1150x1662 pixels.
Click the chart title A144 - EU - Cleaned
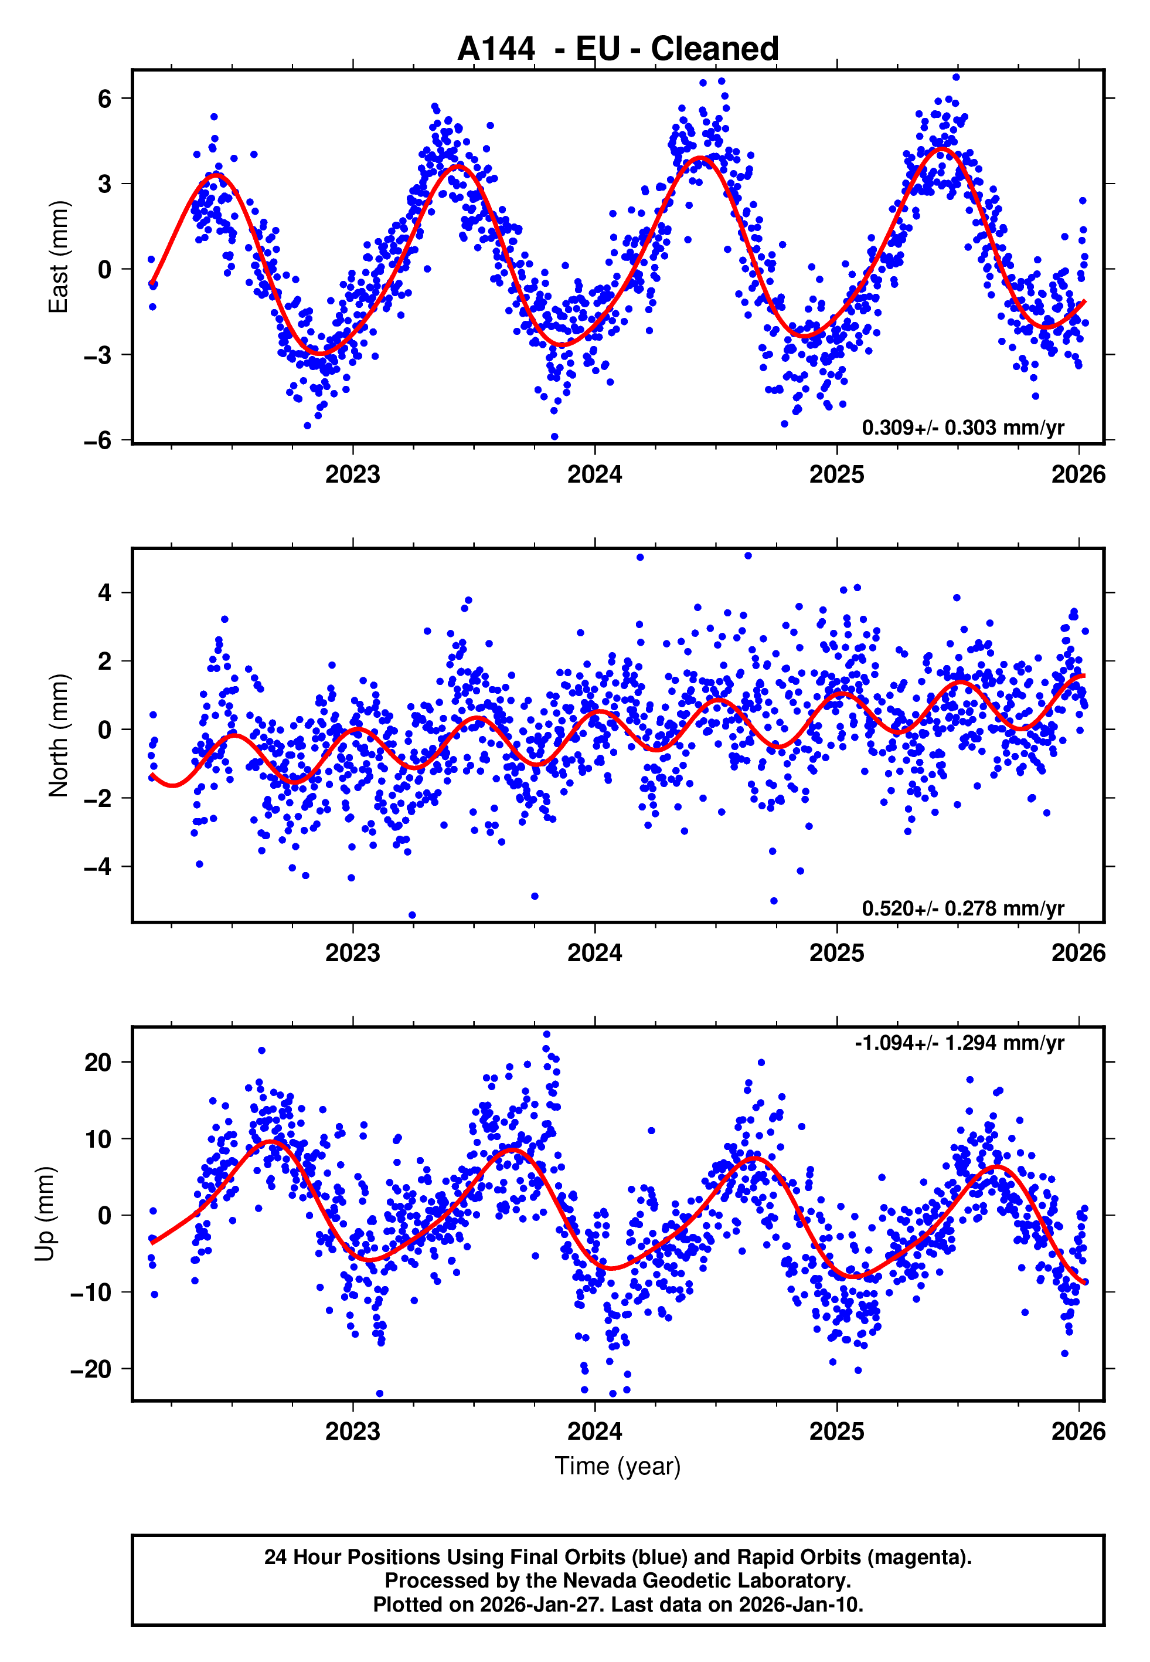click(x=618, y=49)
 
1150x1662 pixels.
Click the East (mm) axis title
click(x=57, y=257)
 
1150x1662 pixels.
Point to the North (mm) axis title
click(x=57, y=735)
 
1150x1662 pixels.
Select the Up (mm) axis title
click(x=45, y=1214)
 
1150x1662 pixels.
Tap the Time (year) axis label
click(x=618, y=1467)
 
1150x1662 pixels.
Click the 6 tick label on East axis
click(x=104, y=99)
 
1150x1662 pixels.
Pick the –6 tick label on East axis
click(x=97, y=440)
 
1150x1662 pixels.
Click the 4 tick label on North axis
click(x=104, y=593)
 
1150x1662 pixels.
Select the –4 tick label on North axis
click(x=97, y=866)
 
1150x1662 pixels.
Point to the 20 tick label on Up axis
click(x=98, y=1062)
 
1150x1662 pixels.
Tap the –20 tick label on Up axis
click(x=91, y=1369)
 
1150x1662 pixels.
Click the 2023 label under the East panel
click(x=352, y=475)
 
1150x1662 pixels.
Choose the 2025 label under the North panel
click(x=836, y=954)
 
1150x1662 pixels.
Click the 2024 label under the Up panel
click(x=594, y=1432)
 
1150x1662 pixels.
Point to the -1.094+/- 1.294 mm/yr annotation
click(x=959, y=1043)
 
